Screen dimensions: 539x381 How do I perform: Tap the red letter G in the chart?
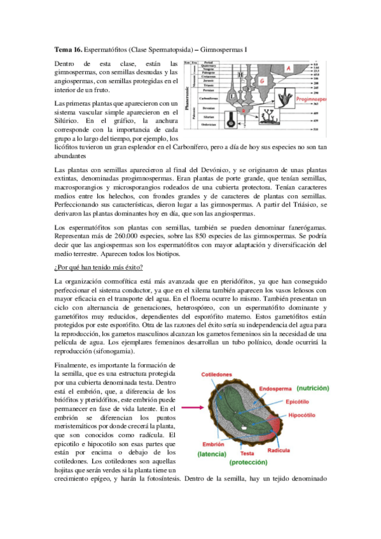pos(261,80)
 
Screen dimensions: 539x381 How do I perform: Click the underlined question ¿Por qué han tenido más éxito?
pos(99,266)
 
